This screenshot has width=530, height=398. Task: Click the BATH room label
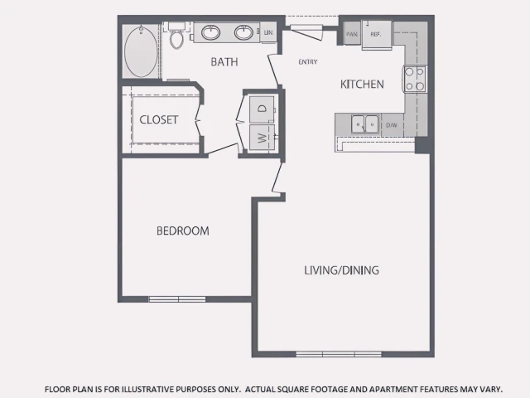click(x=224, y=62)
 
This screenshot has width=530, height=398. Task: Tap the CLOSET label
click(x=158, y=119)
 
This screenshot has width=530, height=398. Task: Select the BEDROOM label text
click(x=182, y=231)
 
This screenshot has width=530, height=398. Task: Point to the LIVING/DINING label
click(x=341, y=270)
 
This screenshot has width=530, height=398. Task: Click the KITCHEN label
click(x=362, y=84)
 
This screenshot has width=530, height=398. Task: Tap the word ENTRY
click(x=308, y=62)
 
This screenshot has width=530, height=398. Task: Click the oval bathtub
click(x=141, y=51)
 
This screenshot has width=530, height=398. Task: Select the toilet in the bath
click(x=176, y=36)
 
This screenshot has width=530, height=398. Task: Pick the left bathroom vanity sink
click(x=211, y=33)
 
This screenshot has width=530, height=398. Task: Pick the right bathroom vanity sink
click(x=243, y=33)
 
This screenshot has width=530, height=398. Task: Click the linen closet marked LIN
click(x=268, y=32)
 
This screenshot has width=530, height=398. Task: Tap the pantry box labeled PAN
click(x=352, y=34)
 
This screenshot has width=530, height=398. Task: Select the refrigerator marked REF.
click(x=377, y=35)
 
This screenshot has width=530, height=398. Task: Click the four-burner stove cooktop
click(x=414, y=79)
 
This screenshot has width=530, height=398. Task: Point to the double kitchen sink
click(x=364, y=124)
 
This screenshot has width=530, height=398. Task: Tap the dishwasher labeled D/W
click(x=392, y=125)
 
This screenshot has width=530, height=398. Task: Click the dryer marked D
click(x=262, y=109)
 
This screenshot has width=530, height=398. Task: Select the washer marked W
click(x=262, y=138)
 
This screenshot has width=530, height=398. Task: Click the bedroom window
click(x=177, y=299)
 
